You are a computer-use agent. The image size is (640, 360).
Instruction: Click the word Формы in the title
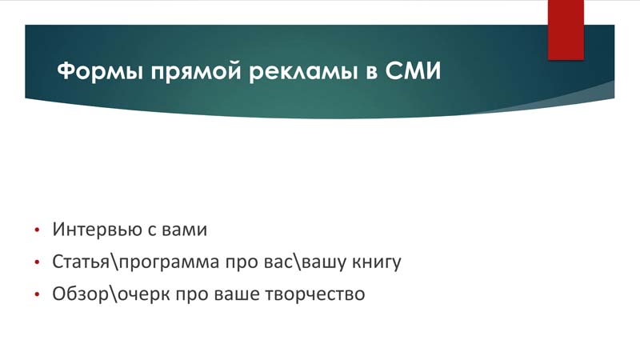100,71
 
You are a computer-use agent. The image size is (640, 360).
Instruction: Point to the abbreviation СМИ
413,70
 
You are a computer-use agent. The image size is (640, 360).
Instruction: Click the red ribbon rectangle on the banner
566,30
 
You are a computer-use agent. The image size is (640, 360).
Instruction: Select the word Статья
81,262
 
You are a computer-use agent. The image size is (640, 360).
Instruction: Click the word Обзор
80,294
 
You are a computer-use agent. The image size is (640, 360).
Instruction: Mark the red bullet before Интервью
37,230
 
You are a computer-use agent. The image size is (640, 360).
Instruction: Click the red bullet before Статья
37,262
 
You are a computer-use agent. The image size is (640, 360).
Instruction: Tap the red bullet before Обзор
37,294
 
